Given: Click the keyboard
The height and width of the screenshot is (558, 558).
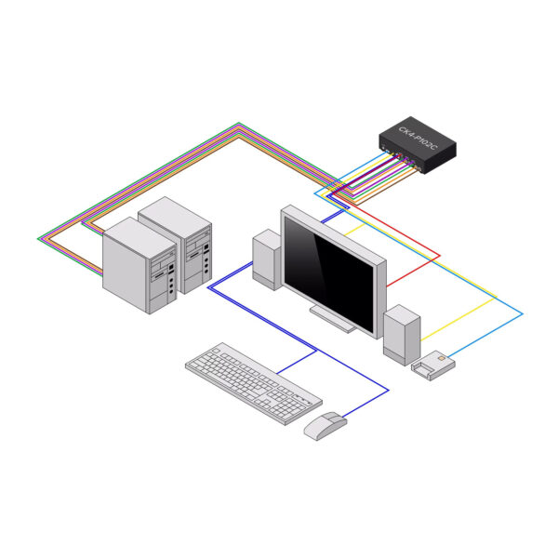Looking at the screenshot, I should pyautogui.click(x=252, y=382).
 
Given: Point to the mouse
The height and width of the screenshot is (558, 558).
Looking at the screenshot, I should pyautogui.click(x=325, y=425).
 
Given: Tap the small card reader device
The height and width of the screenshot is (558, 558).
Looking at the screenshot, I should pyautogui.click(x=433, y=365).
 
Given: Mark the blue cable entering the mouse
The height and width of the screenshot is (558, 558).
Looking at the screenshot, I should pyautogui.click(x=367, y=405).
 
